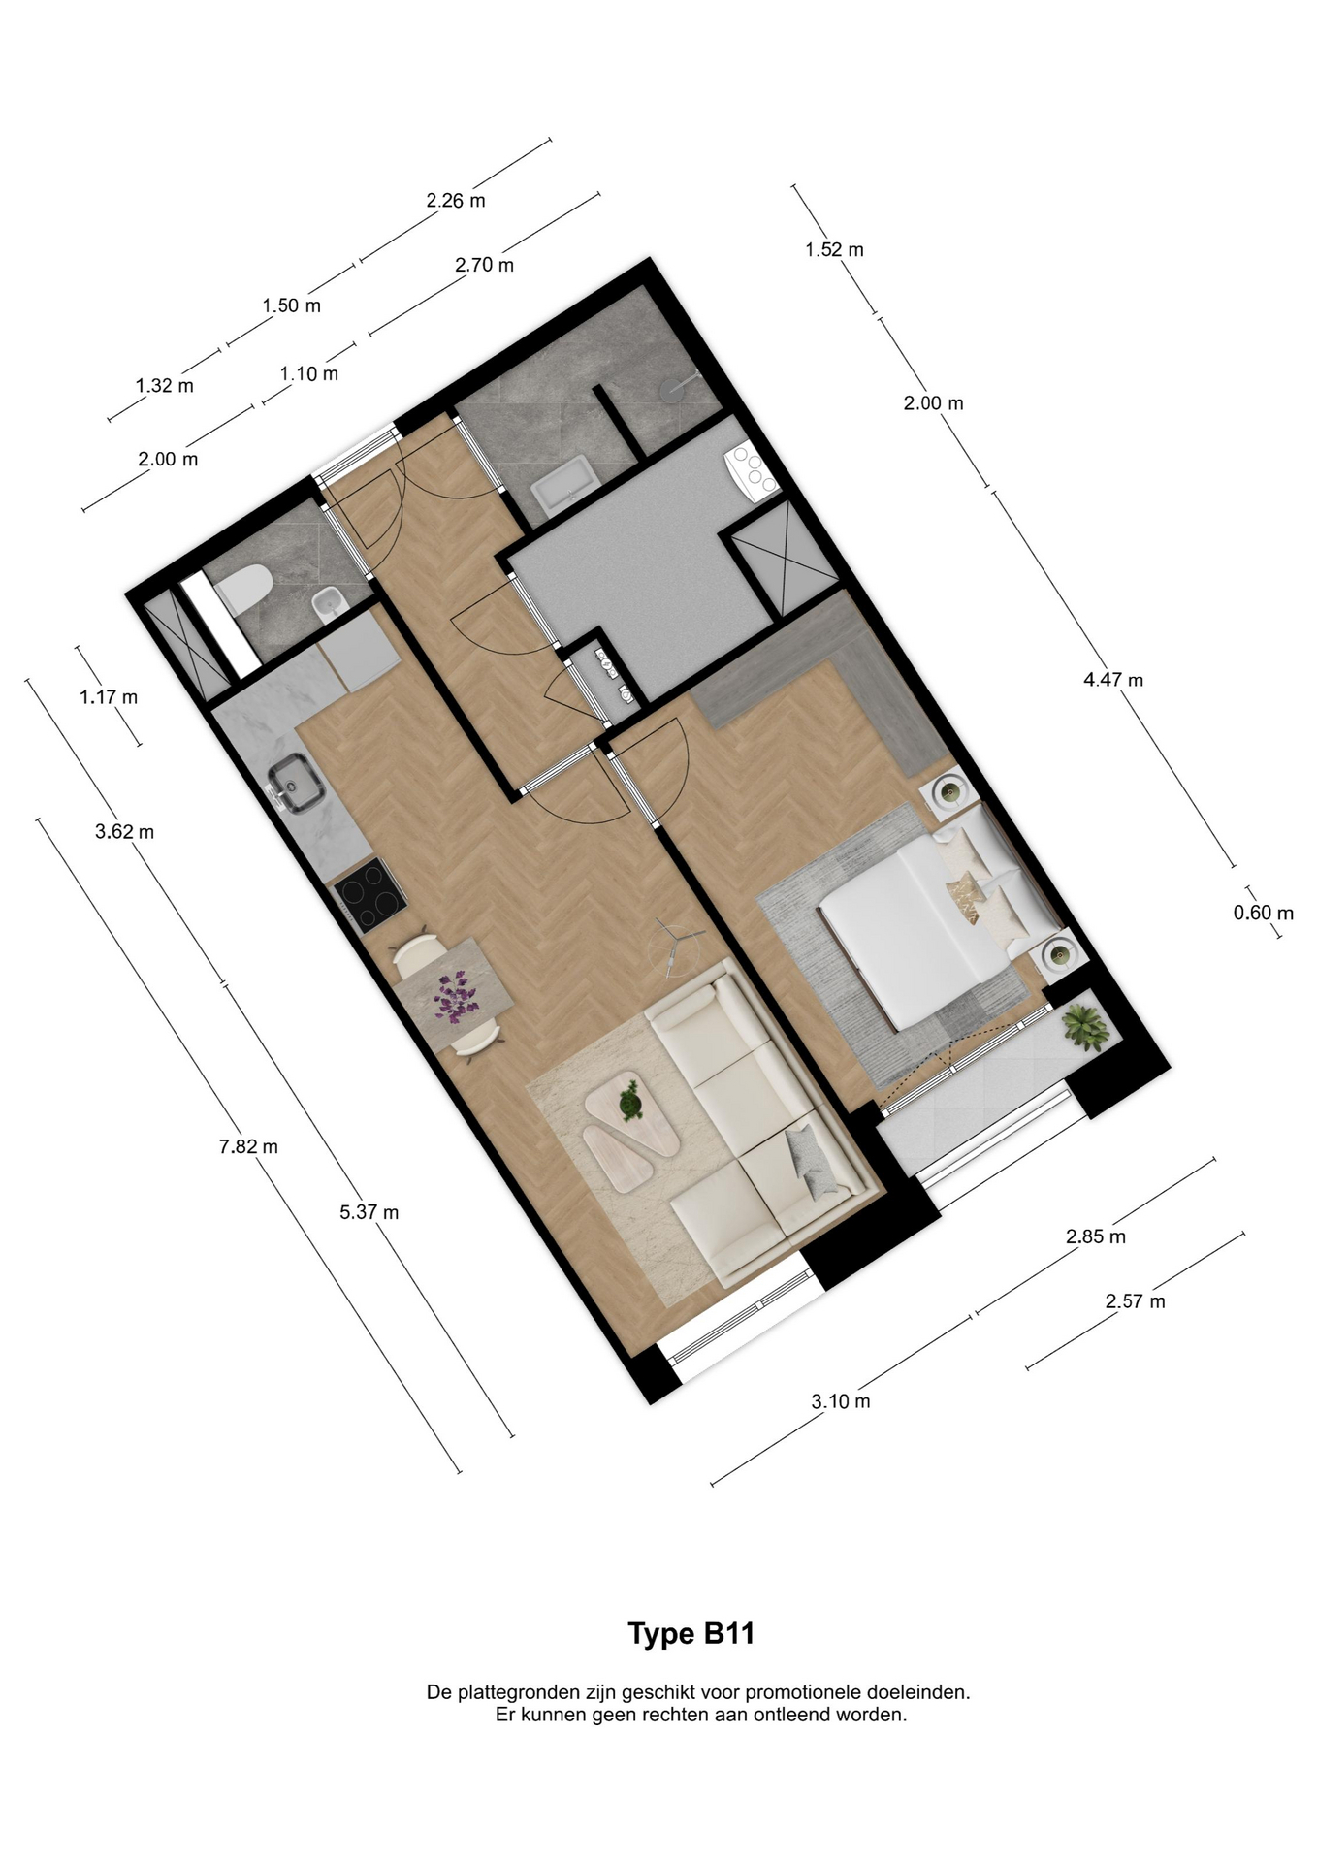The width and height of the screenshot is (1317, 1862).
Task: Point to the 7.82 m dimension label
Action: tap(248, 1146)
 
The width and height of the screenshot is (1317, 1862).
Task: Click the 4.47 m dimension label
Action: tap(1112, 680)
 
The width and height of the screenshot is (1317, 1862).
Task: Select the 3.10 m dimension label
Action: tap(840, 1401)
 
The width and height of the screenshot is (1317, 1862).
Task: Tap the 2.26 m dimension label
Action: tap(456, 201)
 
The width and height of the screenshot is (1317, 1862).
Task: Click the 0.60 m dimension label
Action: tap(1263, 913)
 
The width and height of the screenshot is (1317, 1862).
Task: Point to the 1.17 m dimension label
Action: tap(109, 697)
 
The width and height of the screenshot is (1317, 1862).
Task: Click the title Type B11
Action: tap(691, 1634)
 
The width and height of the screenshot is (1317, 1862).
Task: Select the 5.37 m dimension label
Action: tap(369, 1212)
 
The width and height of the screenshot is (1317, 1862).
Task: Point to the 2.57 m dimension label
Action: tap(1135, 1301)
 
